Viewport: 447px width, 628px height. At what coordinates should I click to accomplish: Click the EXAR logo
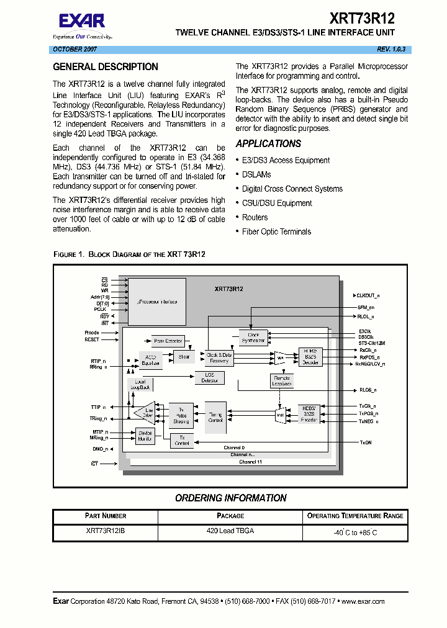82,22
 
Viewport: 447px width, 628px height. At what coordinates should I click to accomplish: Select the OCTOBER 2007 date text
74,49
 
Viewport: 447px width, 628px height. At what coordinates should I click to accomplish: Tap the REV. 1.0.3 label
391,49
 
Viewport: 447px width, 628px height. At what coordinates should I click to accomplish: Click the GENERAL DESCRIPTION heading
106,67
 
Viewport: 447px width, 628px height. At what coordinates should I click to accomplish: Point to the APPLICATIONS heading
268,143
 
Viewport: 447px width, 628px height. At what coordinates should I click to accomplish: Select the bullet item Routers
255,217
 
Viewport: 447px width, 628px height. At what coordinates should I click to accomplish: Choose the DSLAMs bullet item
256,174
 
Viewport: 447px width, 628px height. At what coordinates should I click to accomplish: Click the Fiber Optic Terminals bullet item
276,231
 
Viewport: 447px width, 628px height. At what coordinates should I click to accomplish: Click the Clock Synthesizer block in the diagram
253,338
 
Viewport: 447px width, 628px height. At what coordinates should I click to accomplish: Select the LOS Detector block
210,377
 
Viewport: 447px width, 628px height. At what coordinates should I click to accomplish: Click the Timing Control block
215,417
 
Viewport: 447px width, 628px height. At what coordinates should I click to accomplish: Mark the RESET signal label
92,339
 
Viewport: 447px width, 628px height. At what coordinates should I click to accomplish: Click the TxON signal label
366,442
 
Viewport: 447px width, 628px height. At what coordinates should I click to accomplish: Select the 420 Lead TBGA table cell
230,531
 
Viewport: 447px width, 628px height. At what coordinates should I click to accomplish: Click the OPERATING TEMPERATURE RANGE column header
355,516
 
